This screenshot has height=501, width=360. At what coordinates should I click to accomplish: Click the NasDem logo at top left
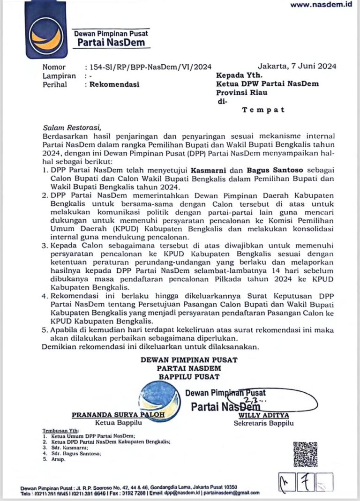click(45, 30)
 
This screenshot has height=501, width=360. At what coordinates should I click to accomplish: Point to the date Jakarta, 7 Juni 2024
click(297, 67)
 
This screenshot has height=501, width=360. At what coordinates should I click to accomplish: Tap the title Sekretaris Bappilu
click(263, 424)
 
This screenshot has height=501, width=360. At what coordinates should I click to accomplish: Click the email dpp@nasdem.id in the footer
click(175, 493)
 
